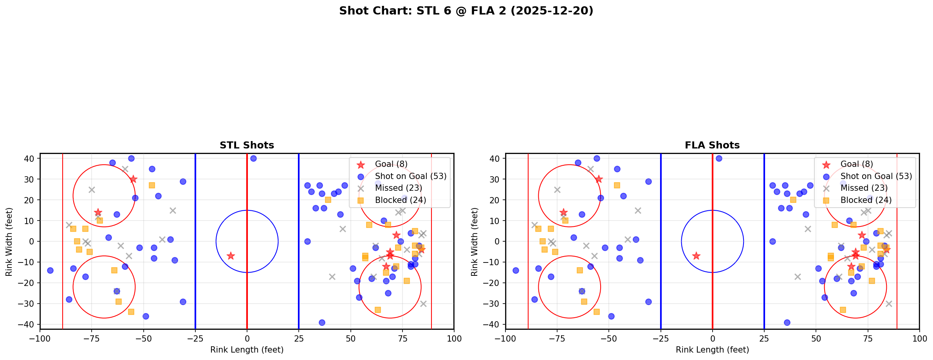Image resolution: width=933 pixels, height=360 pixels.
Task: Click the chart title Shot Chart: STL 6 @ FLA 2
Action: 466,11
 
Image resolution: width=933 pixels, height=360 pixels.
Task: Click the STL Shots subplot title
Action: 247,145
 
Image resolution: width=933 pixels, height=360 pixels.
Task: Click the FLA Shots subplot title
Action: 712,145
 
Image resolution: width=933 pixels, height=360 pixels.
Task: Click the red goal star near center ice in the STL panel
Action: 231,256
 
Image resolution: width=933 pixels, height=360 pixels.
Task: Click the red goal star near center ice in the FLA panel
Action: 696,256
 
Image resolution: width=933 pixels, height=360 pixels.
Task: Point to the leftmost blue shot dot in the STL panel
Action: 50,270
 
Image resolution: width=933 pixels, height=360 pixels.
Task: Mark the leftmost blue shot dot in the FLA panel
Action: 516,270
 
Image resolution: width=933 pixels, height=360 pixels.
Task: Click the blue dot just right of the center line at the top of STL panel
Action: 253,158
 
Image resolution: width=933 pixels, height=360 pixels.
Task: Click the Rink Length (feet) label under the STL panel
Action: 247,350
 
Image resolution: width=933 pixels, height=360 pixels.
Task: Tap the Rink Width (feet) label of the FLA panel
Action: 475,241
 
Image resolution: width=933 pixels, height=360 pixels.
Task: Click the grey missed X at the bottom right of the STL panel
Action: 423,304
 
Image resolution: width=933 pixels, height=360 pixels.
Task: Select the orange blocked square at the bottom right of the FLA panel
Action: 843,310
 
